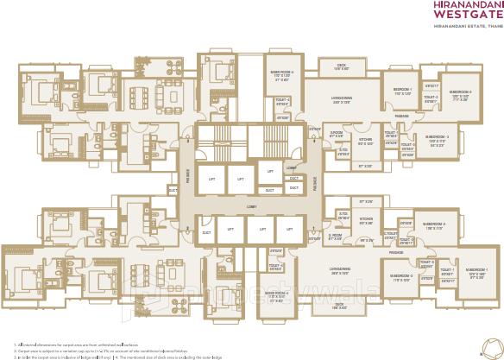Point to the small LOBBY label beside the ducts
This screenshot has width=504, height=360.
coord(292,167)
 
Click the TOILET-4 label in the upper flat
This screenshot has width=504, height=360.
coord(282,100)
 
